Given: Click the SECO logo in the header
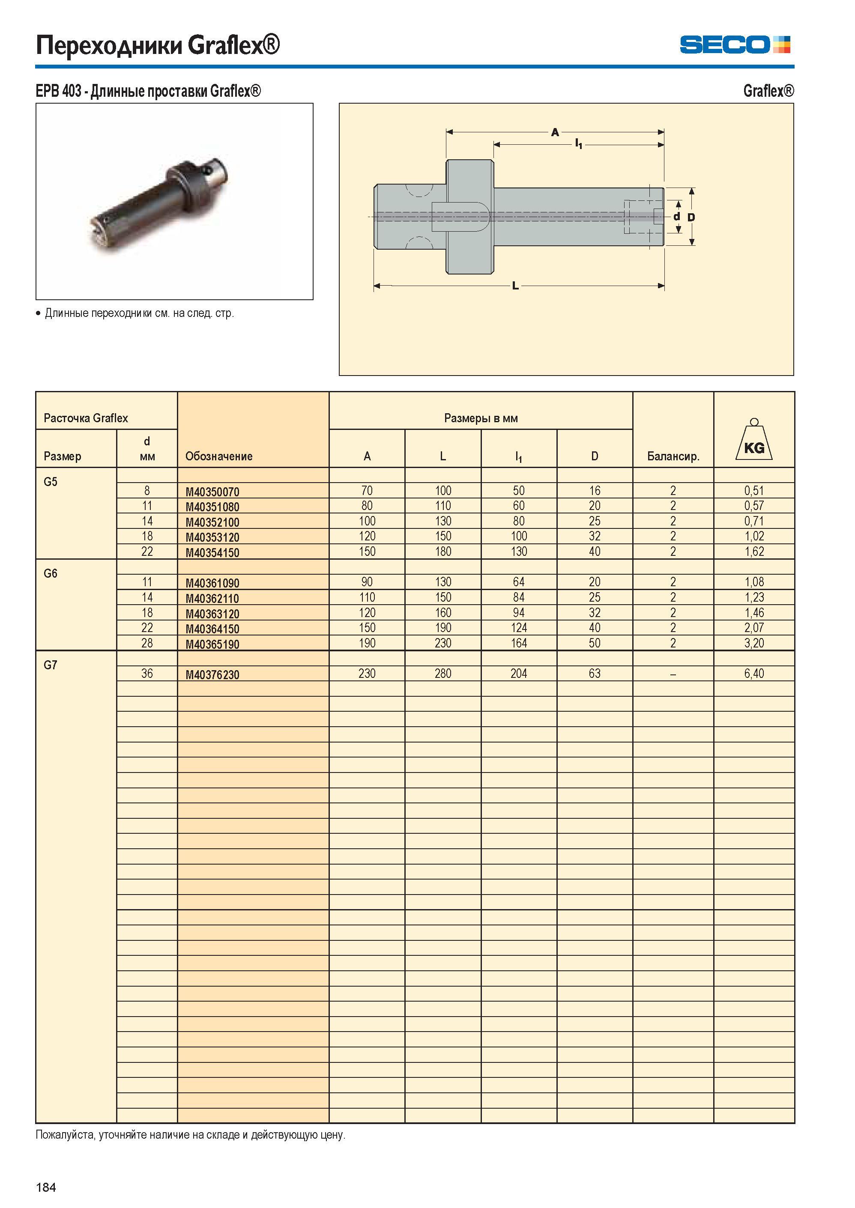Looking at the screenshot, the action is pyautogui.click(x=735, y=45).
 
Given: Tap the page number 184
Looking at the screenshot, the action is pyautogui.click(x=46, y=1187).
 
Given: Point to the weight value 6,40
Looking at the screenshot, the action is pyautogui.click(x=754, y=674).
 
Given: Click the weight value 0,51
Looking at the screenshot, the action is pyautogui.click(x=754, y=491).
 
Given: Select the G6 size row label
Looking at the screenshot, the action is pyautogui.click(x=51, y=573).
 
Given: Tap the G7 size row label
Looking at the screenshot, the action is pyautogui.click(x=51, y=665).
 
